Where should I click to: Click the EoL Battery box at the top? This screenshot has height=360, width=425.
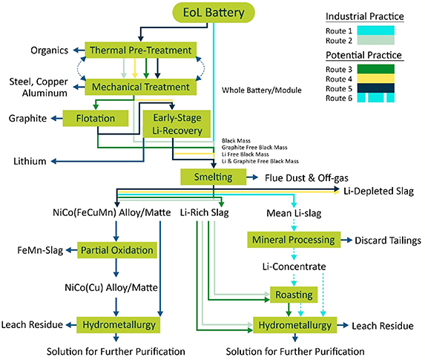(213, 13)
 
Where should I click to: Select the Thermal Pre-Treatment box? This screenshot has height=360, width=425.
(142, 50)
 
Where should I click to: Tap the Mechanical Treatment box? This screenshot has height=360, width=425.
(142, 87)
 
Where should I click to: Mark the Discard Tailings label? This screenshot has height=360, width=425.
(387, 240)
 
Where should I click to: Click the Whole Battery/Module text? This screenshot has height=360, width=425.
(262, 91)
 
